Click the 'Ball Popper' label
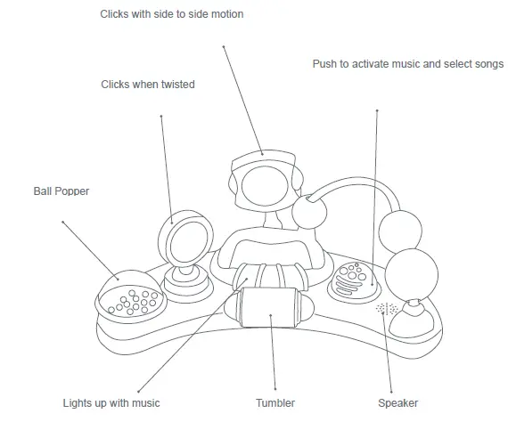point(61,191)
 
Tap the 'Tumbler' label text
point(276,403)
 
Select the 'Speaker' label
point(397,403)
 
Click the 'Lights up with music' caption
point(111,403)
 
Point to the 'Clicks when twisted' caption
point(147,85)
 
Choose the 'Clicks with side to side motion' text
point(184,14)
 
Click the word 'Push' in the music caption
point(325,64)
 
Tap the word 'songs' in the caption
point(487,64)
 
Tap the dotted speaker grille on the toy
point(387,309)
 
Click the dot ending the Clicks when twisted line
point(161,116)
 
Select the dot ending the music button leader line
point(378,111)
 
